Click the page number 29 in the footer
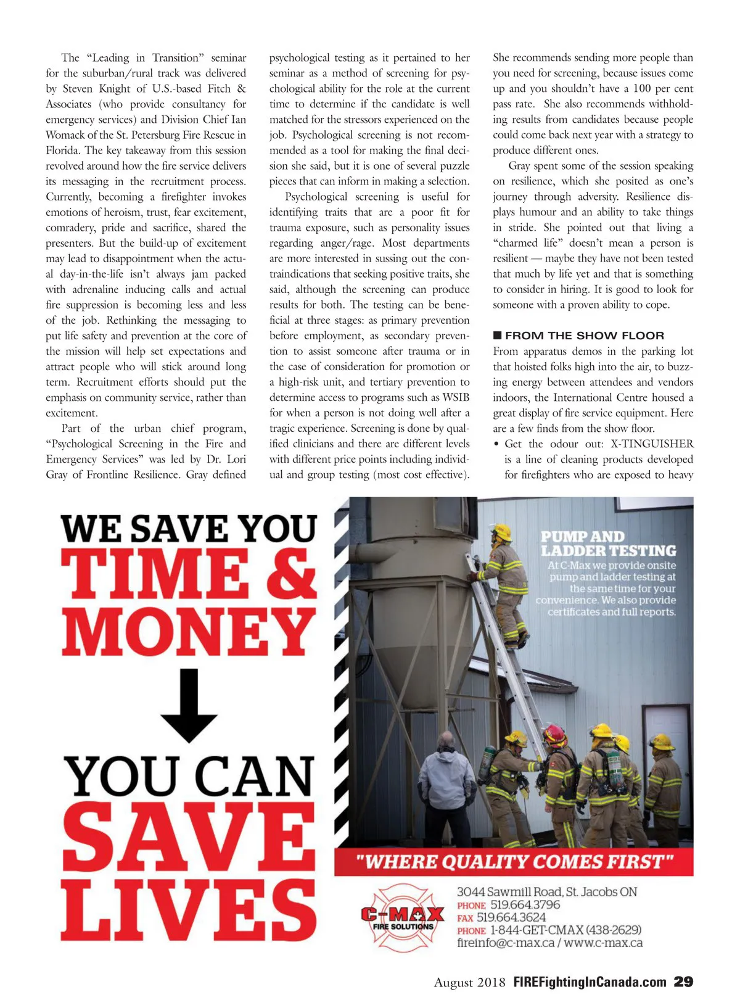tap(683, 981)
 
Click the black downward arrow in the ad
tap(189, 704)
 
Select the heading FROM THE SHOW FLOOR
tap(584, 336)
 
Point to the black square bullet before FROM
tap(498, 336)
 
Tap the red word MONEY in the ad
tap(188, 631)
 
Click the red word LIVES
tap(188, 910)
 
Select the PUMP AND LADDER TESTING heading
tap(608, 543)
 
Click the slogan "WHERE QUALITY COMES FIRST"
tap(514, 861)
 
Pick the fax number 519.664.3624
tap(511, 917)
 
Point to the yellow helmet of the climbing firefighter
tap(503, 531)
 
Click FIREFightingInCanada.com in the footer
tap(590, 982)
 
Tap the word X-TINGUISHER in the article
tap(652, 444)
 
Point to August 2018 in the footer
tap(469, 982)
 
